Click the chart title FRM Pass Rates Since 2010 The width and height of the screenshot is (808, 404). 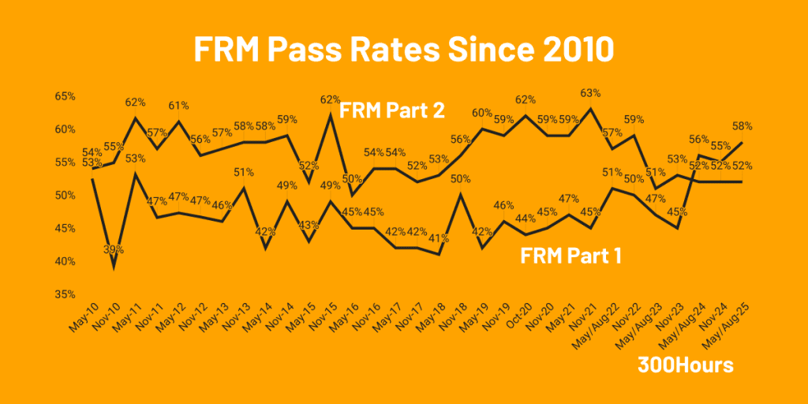pos(403,49)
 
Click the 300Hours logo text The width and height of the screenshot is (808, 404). pos(685,366)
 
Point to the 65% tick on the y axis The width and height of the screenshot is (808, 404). pos(65,96)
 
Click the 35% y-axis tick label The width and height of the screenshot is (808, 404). pos(65,294)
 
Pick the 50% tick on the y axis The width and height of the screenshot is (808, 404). pos(65,196)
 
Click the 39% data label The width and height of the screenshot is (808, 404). pos(116,249)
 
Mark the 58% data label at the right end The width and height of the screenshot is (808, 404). pos(743,126)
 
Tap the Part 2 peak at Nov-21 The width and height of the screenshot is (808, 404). pos(590,108)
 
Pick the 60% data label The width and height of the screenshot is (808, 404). pos(482,113)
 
